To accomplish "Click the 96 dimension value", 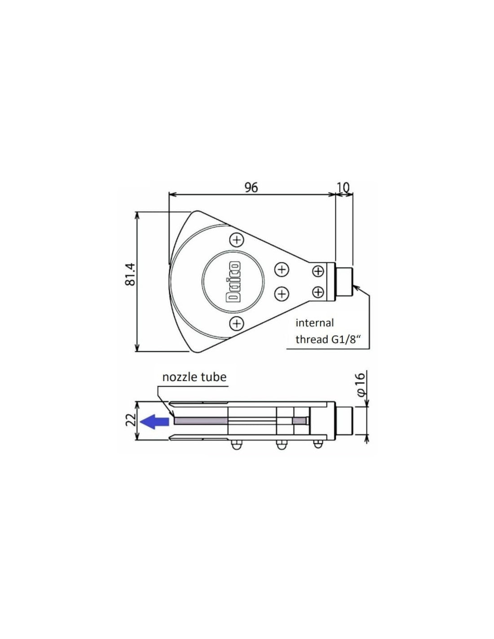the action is pos(251,187).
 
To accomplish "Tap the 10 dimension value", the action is pos(343,187).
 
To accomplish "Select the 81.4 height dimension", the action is pos(130,274).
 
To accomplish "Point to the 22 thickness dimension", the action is pos(132,420).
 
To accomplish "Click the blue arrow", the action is pos(154,422).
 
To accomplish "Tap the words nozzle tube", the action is pos(194,377).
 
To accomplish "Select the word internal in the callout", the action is pos(315,323).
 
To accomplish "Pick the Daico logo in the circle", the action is pos(234,281).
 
